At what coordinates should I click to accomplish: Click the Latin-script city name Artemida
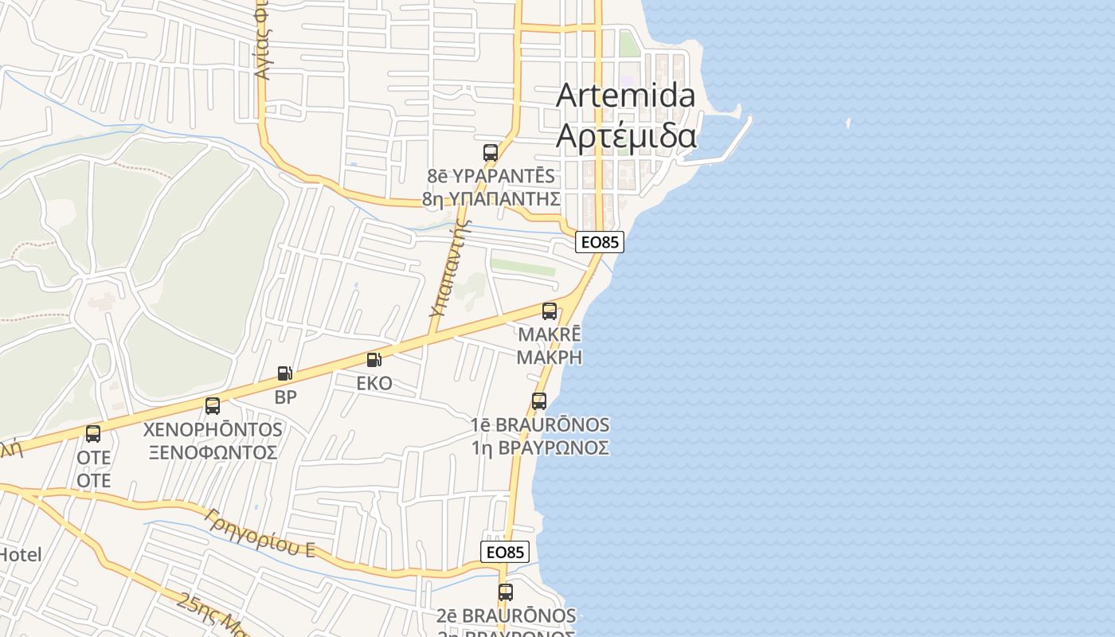pyautogui.click(x=625, y=96)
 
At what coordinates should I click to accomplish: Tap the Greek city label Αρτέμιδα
pyautogui.click(x=626, y=135)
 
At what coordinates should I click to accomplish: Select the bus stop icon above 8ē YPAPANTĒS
pyautogui.click(x=491, y=153)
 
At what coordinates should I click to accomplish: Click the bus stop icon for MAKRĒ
pyautogui.click(x=550, y=311)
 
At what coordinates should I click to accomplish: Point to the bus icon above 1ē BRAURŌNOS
pyautogui.click(x=539, y=401)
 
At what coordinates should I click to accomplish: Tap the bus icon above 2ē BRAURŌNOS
pyautogui.click(x=506, y=592)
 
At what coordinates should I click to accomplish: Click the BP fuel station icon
pyautogui.click(x=284, y=373)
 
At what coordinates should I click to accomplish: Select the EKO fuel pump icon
pyautogui.click(x=374, y=360)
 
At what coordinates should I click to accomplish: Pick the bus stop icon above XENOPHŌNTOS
pyautogui.click(x=213, y=406)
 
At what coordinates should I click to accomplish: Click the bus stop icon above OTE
pyautogui.click(x=93, y=434)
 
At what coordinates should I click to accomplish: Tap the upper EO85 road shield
pyautogui.click(x=599, y=242)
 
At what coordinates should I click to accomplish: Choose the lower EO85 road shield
pyautogui.click(x=505, y=552)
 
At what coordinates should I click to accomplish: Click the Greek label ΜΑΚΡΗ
pyautogui.click(x=550, y=357)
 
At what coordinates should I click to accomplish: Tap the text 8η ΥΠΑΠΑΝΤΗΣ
pyautogui.click(x=491, y=198)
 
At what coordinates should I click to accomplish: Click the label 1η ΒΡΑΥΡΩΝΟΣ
pyautogui.click(x=540, y=447)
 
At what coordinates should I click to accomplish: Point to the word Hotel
pyautogui.click(x=19, y=554)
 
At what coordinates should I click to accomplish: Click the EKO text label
pyautogui.click(x=374, y=383)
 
